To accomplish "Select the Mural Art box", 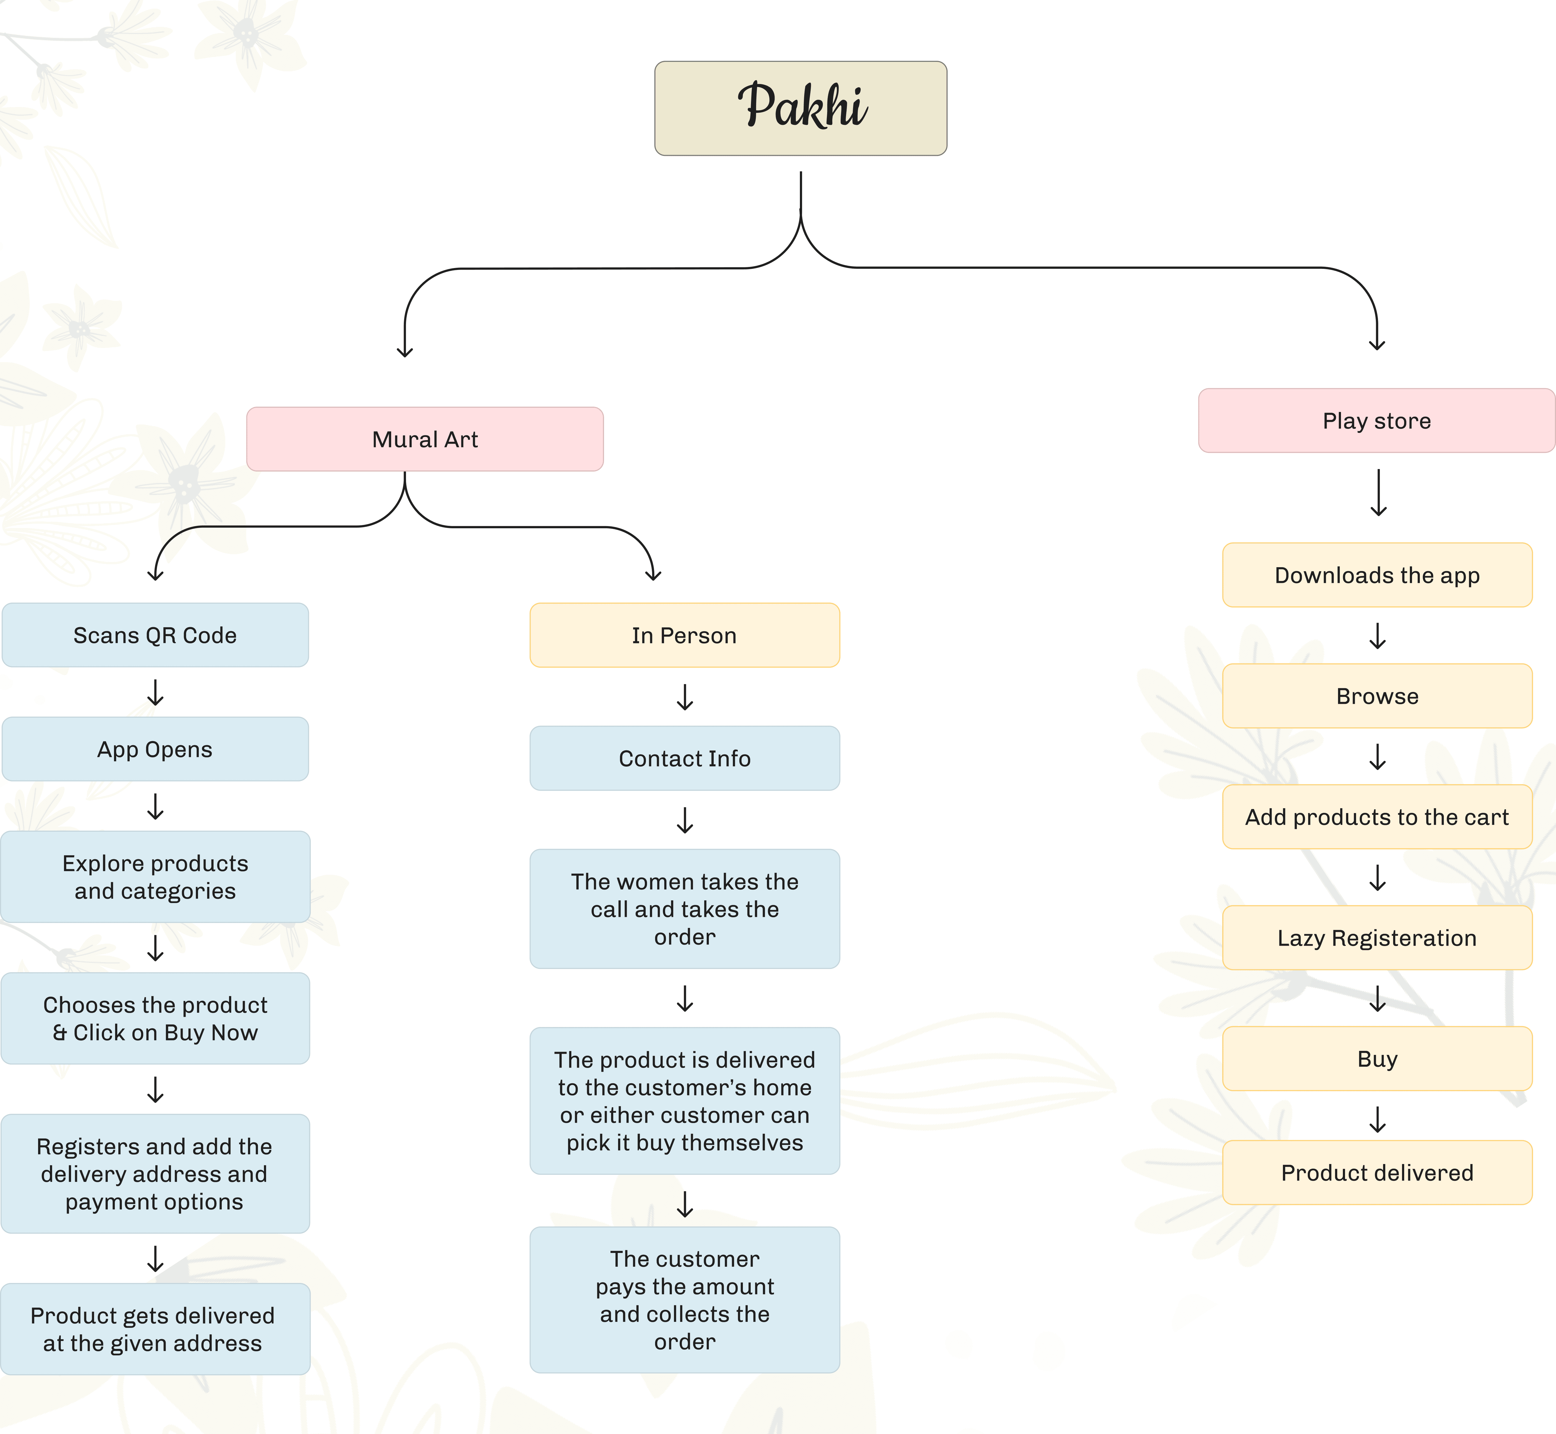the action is (425, 439).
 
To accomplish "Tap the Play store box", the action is (1377, 420).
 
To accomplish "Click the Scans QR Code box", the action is (155, 635).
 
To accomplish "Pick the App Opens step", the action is (155, 749).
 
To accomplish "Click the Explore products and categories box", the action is (155, 877).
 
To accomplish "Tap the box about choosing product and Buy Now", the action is (155, 1018).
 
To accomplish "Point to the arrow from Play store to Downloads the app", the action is (1378, 493).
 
